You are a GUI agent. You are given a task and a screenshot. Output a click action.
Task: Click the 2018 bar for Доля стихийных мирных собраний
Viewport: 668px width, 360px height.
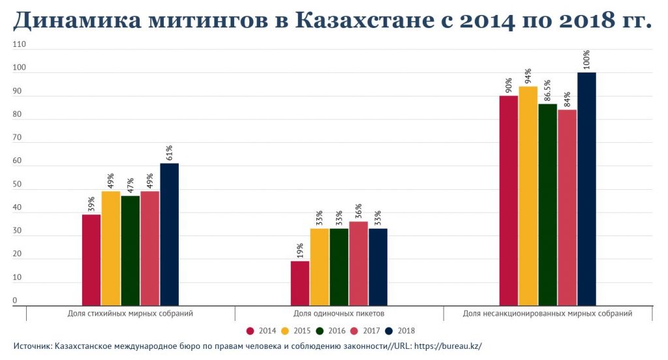click(x=170, y=234)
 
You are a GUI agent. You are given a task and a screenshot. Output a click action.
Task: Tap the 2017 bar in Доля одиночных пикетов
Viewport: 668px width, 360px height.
click(x=358, y=263)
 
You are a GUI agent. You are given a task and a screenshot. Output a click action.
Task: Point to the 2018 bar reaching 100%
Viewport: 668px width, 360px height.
click(x=586, y=188)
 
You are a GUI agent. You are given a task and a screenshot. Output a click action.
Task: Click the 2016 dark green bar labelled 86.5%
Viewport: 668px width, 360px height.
click(x=547, y=204)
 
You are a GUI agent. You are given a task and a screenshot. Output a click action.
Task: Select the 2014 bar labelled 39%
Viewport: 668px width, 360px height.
click(x=91, y=260)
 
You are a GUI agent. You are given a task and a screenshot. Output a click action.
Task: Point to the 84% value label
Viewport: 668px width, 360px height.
click(x=567, y=98)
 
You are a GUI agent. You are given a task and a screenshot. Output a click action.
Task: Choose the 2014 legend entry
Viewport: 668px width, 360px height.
click(x=261, y=331)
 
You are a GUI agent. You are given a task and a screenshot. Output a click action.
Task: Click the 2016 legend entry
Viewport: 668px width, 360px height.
click(x=331, y=331)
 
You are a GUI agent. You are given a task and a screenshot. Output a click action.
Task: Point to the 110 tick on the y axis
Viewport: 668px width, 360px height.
click(x=19, y=45)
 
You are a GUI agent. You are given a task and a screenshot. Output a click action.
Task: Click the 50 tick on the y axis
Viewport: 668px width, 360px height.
click(x=17, y=185)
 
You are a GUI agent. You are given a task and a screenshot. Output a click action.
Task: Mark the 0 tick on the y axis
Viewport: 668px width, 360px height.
click(x=14, y=301)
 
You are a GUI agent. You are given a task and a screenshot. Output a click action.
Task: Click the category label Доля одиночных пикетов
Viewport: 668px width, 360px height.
click(x=339, y=314)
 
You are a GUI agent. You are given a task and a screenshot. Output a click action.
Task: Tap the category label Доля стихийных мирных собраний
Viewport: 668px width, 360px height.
click(x=130, y=314)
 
